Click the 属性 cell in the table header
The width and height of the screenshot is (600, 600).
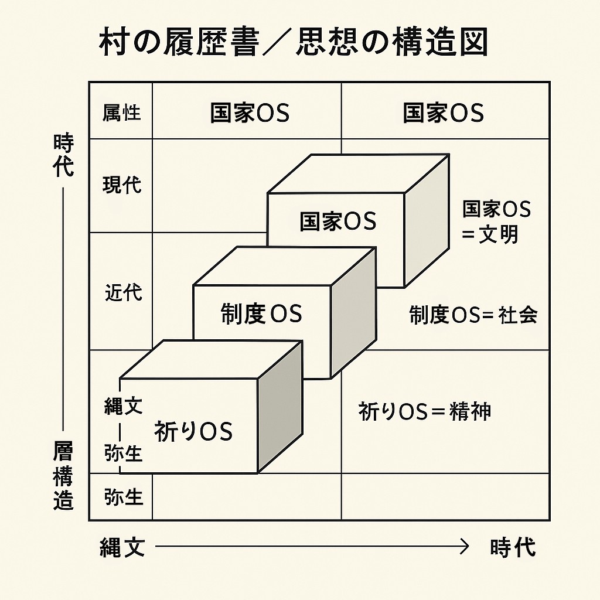tap(121, 112)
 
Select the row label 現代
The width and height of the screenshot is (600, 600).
tap(122, 185)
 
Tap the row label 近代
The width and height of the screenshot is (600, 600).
tap(123, 291)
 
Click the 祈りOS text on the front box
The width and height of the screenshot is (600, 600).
tap(193, 432)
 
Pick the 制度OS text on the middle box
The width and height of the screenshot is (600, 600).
tap(261, 315)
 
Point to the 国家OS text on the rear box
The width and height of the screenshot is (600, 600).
tap(337, 221)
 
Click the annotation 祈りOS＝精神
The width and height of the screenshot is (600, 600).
tap(424, 411)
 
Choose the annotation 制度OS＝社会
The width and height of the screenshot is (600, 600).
tap(473, 315)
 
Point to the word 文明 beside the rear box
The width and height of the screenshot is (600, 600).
tap(499, 234)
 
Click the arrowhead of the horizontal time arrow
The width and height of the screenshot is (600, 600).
tap(465, 547)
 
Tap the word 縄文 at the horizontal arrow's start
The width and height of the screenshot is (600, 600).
tap(122, 547)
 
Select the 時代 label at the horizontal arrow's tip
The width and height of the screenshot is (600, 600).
tap(513, 547)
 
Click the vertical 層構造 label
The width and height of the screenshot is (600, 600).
tap(63, 475)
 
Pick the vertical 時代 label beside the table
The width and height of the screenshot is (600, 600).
tap(63, 155)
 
